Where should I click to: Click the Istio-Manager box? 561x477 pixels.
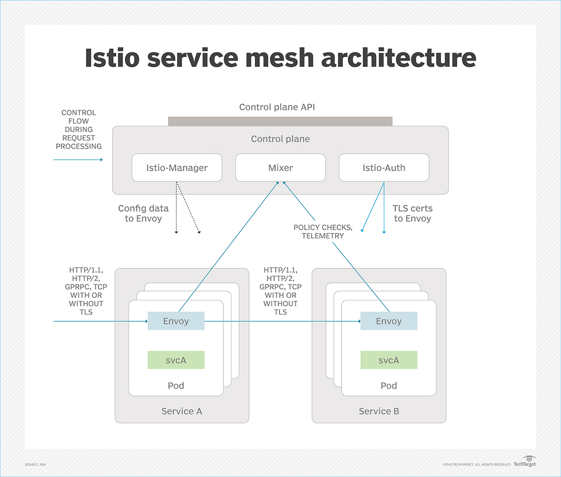[x=177, y=168]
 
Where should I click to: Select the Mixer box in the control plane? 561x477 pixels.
[x=280, y=168]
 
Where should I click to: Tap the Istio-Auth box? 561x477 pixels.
[x=384, y=168]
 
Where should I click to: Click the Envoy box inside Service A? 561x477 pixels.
[x=176, y=321]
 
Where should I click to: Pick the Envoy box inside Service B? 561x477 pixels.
[x=388, y=321]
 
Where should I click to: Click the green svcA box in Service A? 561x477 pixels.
[x=176, y=360]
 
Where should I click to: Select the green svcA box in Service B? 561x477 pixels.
[x=388, y=360]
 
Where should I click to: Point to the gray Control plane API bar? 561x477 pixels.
[x=280, y=122]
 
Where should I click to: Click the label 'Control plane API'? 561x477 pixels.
[x=277, y=107]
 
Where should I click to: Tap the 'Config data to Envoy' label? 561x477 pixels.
[x=143, y=213]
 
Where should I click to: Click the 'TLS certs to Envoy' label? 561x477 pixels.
[x=412, y=213]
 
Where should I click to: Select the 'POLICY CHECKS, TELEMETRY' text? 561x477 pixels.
[x=323, y=231]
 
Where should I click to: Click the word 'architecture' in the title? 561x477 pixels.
[x=398, y=58]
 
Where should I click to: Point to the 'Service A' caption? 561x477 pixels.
[x=181, y=411]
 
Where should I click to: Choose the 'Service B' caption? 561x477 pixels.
[x=379, y=411]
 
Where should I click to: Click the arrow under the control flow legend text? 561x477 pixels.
[x=78, y=160]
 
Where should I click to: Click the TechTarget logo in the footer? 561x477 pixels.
[x=525, y=462]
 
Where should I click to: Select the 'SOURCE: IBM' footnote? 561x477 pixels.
[x=35, y=464]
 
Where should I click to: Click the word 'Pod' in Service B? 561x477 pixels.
[x=388, y=385]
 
